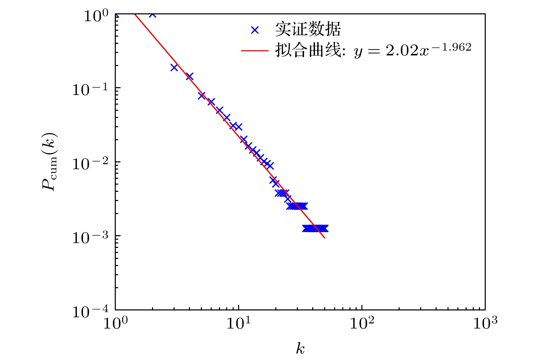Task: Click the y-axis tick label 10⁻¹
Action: pyautogui.click(x=90, y=90)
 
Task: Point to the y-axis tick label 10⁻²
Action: pyautogui.click(x=90, y=164)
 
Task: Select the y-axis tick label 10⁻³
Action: pyautogui.click(x=90, y=238)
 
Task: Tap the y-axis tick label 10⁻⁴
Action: pyautogui.click(x=90, y=311)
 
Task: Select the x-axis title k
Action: pyautogui.click(x=300, y=349)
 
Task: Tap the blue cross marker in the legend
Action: pyautogui.click(x=255, y=30)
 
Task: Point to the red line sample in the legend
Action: pyautogui.click(x=255, y=51)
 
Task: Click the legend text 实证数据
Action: pyautogui.click(x=308, y=29)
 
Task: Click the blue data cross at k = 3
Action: pyautogui.click(x=174, y=68)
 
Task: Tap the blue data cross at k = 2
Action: pyautogui.click(x=152, y=15)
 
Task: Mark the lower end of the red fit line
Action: pyautogui.click(x=325, y=238)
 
